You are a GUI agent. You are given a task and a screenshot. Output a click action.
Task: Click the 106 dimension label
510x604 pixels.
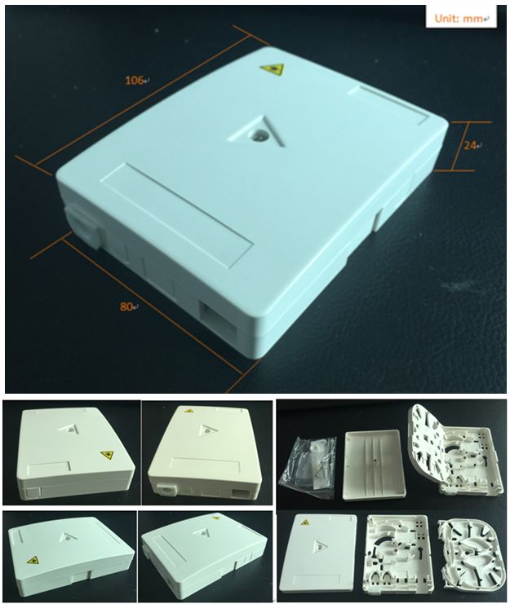135,81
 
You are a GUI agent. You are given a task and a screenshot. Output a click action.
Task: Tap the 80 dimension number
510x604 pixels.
126,307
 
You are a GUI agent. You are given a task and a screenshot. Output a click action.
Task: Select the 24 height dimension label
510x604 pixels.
469,146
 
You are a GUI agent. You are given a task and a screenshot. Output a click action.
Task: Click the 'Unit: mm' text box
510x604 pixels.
461,18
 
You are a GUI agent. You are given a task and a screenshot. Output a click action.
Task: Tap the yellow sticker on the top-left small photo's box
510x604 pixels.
108,456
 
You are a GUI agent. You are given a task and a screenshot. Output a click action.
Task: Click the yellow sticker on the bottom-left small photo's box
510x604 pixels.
33,559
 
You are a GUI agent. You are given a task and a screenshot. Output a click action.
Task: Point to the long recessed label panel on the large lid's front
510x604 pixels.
178,214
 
